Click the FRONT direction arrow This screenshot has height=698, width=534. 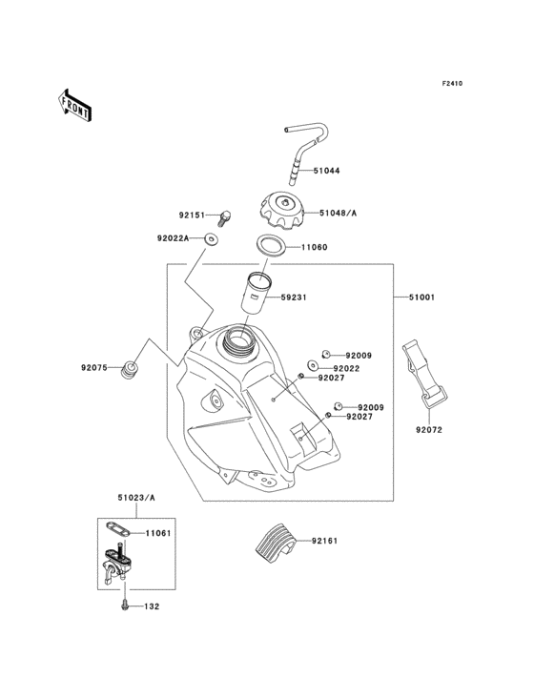74,106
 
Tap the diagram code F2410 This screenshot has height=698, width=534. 452,83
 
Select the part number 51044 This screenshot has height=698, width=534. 326,171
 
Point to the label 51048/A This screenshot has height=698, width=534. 339,214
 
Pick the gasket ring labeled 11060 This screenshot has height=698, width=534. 271,245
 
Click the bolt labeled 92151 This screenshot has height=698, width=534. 225,218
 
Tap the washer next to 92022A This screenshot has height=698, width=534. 211,239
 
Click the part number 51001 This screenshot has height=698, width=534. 421,297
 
